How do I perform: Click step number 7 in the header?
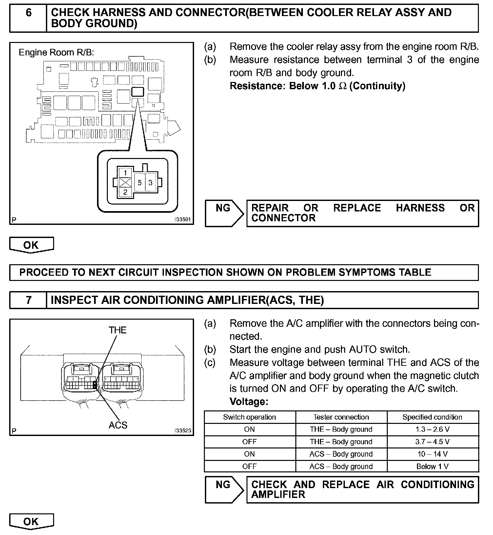(29, 300)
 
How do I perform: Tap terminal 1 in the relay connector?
(125, 172)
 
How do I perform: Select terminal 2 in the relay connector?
(125, 192)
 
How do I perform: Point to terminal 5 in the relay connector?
(140, 183)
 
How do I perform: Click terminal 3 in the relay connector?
(150, 183)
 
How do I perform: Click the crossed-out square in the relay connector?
(125, 183)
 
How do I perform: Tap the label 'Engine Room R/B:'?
(56, 52)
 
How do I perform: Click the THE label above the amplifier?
(117, 330)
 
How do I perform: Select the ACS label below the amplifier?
(118, 425)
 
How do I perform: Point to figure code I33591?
(183, 220)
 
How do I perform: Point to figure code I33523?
(183, 430)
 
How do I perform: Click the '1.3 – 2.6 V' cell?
(432, 429)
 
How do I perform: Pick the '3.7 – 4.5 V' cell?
(432, 442)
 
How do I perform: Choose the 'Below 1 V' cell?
(432, 466)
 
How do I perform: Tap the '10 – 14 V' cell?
(432, 454)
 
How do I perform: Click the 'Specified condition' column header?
(432, 417)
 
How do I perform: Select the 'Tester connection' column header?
(341, 417)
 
